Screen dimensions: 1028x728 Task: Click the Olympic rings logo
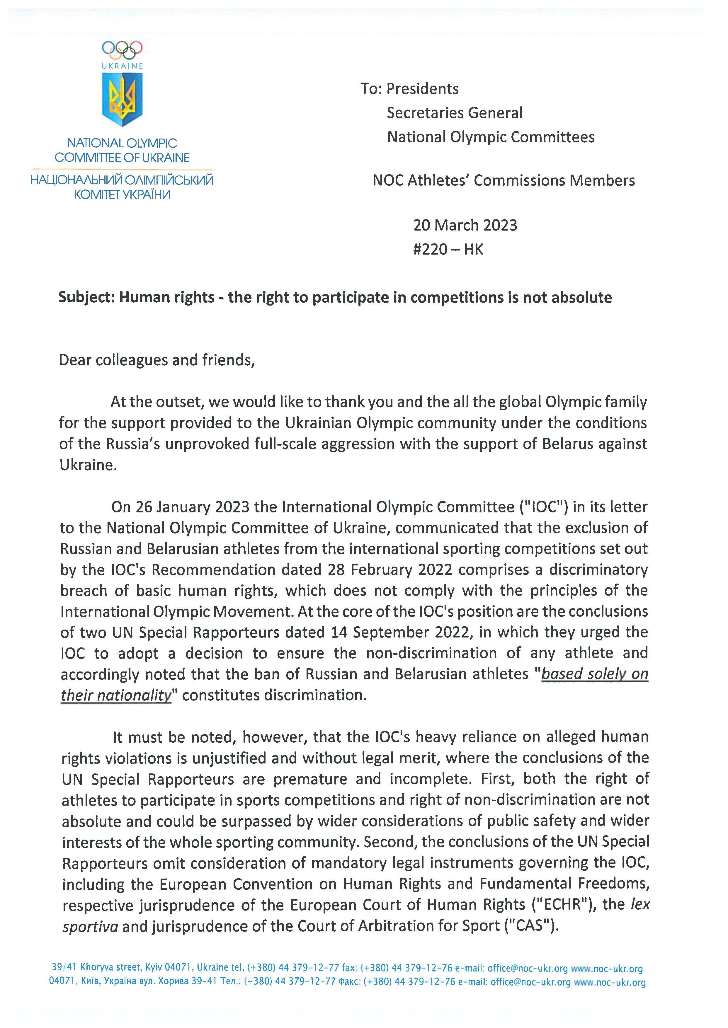(122, 50)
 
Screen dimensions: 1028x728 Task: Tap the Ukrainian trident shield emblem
(122, 99)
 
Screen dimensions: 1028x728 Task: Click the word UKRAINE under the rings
(122, 66)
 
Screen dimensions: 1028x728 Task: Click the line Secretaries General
(455, 113)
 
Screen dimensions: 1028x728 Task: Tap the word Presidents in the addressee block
(422, 89)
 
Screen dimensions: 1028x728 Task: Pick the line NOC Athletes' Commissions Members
(504, 180)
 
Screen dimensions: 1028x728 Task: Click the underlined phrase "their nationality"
(117, 695)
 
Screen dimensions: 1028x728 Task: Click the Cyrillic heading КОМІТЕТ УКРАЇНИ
(122, 195)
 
